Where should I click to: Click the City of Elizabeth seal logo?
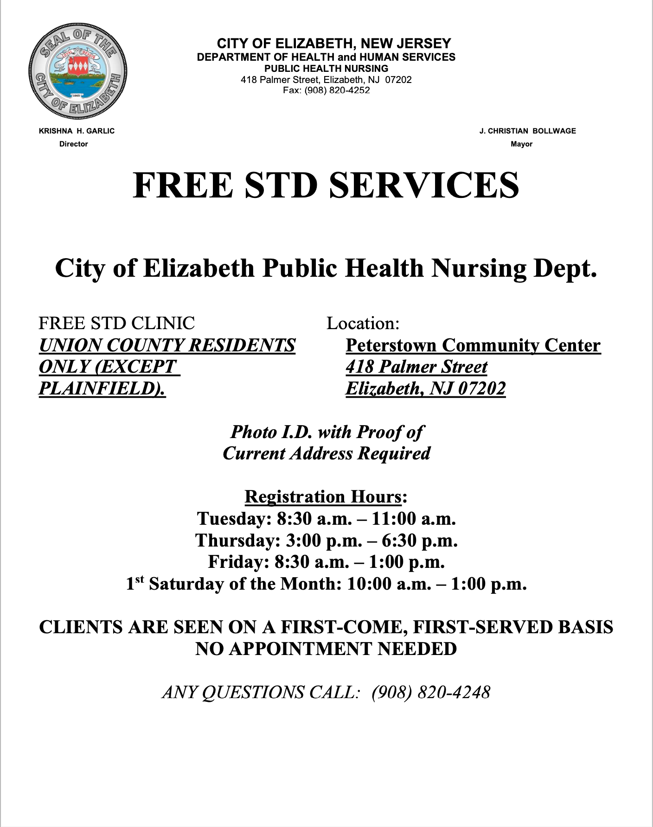[77, 71]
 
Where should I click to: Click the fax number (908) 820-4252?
[337, 90]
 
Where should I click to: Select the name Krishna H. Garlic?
[77, 131]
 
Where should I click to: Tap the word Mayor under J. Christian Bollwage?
[521, 144]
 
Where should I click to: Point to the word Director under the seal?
[73, 144]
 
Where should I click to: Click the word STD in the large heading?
[281, 185]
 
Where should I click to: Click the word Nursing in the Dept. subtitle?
[479, 268]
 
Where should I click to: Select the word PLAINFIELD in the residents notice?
[99, 388]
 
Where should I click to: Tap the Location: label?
[363, 323]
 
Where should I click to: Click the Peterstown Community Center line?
[473, 345]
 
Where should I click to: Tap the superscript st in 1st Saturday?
[140, 579]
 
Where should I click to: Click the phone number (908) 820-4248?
[431, 692]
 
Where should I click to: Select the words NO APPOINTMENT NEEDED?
[326, 649]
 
